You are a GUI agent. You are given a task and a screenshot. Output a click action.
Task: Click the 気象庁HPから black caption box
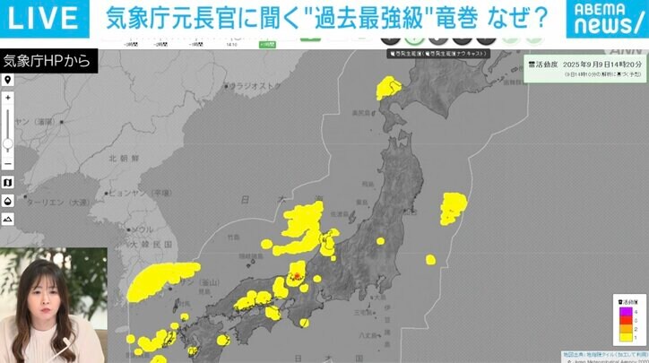36,61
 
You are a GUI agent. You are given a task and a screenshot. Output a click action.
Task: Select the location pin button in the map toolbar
8,80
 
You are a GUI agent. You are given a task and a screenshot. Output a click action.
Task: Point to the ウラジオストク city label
255,86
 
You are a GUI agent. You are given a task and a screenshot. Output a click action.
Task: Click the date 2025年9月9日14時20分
604,65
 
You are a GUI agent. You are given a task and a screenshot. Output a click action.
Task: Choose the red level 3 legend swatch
626,320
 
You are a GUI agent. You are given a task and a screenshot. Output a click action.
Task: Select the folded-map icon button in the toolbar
8,182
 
